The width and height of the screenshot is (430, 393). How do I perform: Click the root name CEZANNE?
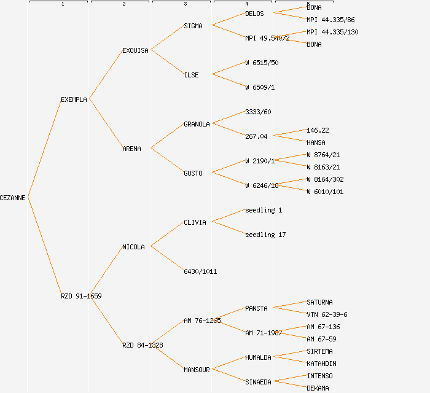click(x=13, y=198)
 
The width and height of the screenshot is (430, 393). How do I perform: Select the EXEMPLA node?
click(x=74, y=99)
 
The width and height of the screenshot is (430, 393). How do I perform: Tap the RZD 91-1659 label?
click(x=81, y=296)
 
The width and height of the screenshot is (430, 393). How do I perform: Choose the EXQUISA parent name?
click(x=135, y=50)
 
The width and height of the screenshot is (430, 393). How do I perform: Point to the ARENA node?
click(x=131, y=149)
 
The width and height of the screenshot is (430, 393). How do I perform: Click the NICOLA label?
click(x=133, y=247)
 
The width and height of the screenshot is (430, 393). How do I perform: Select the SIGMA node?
click(x=193, y=26)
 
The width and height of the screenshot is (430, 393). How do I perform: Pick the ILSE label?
click(x=191, y=75)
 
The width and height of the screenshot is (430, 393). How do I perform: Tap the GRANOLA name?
click(x=197, y=124)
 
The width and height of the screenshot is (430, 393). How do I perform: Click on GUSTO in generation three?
click(x=193, y=173)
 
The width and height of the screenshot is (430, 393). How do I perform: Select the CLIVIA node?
click(x=195, y=222)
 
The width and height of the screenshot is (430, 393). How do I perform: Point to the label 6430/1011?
click(x=200, y=271)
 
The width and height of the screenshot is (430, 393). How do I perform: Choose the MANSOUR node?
click(x=197, y=370)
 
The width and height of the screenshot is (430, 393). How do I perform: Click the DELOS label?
click(x=254, y=14)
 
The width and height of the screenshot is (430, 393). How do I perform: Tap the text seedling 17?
click(x=265, y=235)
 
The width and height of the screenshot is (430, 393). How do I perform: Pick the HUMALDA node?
click(x=258, y=357)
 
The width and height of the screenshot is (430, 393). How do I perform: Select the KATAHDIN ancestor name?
click(x=321, y=364)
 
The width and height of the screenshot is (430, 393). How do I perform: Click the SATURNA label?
click(x=319, y=302)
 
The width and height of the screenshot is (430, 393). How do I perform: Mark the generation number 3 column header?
click(x=185, y=4)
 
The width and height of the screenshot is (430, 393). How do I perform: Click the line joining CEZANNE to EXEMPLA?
click(x=44, y=148)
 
